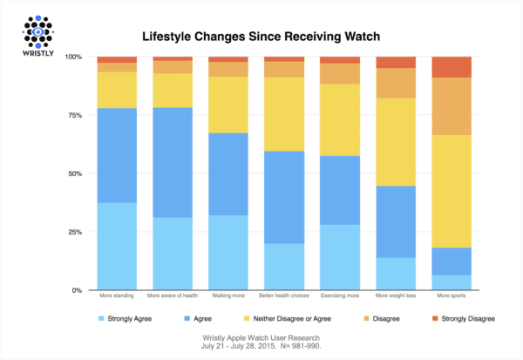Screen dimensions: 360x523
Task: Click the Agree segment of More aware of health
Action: click(x=172, y=162)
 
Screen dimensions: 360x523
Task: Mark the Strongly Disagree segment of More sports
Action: click(x=452, y=67)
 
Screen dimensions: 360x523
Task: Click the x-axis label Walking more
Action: click(x=228, y=298)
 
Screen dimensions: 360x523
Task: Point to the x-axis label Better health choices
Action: click(x=284, y=298)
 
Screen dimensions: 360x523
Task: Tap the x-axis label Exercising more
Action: click(x=340, y=298)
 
